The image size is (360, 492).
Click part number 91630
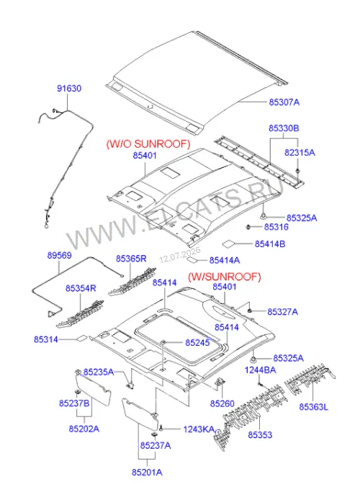[x=69, y=89]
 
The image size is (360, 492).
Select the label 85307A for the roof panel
[x=284, y=102]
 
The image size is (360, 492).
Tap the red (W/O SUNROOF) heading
[x=148, y=144]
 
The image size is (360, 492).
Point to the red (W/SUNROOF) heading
[x=225, y=277]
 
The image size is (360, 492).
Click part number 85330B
[x=284, y=128]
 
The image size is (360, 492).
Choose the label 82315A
[x=300, y=153]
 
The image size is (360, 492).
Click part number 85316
[x=276, y=227]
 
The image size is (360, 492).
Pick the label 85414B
[x=270, y=243]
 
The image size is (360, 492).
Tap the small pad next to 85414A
[x=192, y=260]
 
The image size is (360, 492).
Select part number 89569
[x=59, y=256]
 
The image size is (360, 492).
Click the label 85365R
[x=131, y=259]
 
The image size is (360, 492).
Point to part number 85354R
[x=81, y=288]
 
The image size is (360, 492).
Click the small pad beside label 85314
[x=82, y=339]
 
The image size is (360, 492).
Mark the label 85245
[x=197, y=343]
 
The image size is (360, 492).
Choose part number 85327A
[x=282, y=312]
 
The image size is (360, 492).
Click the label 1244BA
[x=260, y=370]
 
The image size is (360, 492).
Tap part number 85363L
[x=314, y=407]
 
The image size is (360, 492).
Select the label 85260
[x=222, y=403]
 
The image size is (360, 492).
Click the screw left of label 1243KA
[x=161, y=428]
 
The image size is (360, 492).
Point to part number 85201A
[x=147, y=473]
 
